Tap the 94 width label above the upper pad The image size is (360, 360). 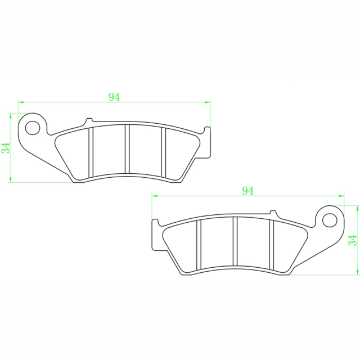114,97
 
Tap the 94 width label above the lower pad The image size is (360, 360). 247,191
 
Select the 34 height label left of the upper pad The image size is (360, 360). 6,148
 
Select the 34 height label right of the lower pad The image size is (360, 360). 353,241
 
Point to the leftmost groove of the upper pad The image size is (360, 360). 91,151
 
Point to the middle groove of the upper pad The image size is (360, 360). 127,149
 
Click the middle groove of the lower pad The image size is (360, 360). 235,242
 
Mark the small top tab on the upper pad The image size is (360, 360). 88,121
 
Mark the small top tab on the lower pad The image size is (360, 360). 273,214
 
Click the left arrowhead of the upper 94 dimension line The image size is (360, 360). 21,102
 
